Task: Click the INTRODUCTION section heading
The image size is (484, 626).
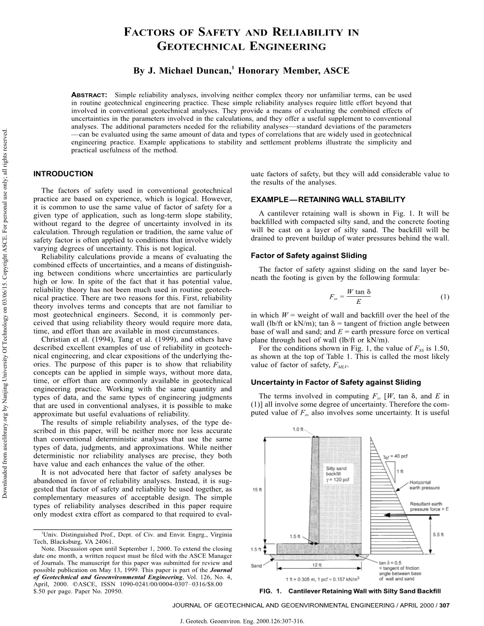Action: (63, 174)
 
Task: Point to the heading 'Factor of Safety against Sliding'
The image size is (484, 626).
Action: (309, 256)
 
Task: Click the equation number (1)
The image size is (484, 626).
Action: (444, 296)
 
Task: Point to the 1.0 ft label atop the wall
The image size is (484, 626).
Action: (298, 429)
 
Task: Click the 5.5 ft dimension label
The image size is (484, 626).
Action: (438, 535)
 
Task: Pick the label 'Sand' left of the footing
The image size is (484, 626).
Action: (257, 565)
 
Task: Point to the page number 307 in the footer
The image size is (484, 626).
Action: (444, 606)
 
